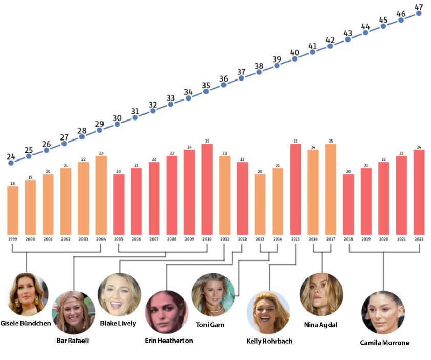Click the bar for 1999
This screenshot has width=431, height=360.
tap(12, 210)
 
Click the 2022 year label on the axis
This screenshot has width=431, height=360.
tap(419, 239)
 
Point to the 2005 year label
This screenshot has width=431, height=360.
tap(118, 239)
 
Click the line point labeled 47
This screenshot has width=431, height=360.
tap(419, 13)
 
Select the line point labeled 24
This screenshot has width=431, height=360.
tap(11, 163)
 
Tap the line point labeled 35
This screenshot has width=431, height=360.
tap(206, 91)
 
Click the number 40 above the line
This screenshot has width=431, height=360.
tap(295, 52)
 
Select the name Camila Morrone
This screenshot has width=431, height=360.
tap(384, 343)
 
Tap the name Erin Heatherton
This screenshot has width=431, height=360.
tap(169, 341)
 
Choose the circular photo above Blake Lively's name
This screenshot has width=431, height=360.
tap(119, 294)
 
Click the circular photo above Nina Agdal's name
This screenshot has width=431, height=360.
tap(321, 294)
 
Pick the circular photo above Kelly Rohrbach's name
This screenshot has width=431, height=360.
tap(268, 313)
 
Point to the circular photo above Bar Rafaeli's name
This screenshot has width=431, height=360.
tap(74, 313)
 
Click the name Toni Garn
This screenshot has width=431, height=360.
tap(210, 325)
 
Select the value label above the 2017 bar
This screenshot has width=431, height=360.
tap(331, 141)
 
